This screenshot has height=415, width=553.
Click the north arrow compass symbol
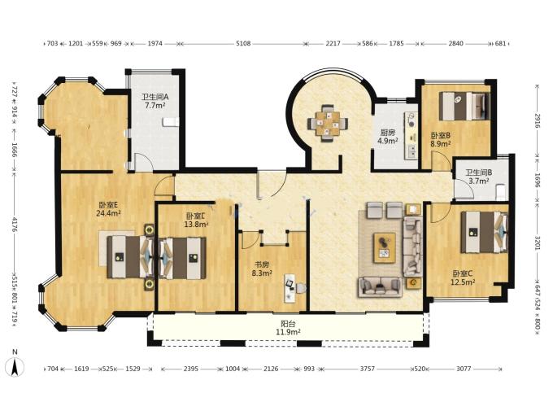[15, 365]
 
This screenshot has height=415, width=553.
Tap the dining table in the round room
[328, 123]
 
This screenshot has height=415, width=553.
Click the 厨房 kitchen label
[388, 133]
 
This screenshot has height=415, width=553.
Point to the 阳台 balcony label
[288, 324]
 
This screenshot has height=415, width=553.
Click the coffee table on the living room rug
[385, 247]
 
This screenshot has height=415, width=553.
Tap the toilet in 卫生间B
[502, 192]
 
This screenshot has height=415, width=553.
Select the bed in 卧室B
[464, 107]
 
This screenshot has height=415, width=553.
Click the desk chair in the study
[300, 288]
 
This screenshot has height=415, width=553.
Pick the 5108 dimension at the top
[243, 44]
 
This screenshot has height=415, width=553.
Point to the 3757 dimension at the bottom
[367, 369]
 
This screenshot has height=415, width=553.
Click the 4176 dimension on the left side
[15, 225]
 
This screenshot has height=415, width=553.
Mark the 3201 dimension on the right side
[537, 242]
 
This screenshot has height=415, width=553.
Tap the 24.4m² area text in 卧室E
[108, 213]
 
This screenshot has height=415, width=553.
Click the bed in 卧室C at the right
[485, 232]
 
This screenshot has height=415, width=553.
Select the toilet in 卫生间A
[171, 122]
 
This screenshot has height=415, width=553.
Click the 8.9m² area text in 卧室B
[441, 144]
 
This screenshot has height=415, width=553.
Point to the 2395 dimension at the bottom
[191, 369]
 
